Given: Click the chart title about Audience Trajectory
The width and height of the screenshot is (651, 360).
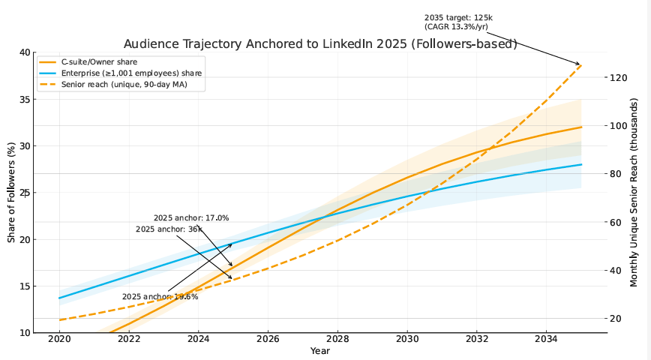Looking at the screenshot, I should (x=320, y=44).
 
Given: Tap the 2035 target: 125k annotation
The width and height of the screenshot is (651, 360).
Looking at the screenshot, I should (x=458, y=21).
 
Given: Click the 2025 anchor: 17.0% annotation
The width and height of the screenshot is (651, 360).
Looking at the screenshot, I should (x=191, y=218).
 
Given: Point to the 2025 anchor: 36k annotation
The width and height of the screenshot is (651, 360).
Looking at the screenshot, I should (x=169, y=229).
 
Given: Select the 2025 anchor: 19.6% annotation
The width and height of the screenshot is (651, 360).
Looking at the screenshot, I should (x=160, y=297).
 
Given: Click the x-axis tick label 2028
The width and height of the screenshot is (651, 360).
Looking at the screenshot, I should (x=337, y=340).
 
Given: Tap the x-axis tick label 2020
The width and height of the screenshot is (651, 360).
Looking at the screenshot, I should (x=59, y=340).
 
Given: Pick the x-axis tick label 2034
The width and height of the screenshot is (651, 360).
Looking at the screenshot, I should (x=546, y=340).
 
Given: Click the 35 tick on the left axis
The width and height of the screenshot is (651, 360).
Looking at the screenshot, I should (x=25, y=99).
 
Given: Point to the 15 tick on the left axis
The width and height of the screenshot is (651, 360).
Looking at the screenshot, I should (x=25, y=286).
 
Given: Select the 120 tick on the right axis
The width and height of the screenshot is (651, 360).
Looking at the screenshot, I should (x=618, y=77).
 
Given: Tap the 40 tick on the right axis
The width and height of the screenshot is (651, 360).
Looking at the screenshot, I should (x=616, y=270).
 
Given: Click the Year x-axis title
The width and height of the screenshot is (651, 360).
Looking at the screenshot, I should (x=320, y=351).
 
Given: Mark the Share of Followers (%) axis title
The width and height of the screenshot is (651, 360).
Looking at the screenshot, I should (x=11, y=192).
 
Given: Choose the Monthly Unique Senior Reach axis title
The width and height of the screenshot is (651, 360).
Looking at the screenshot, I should (x=634, y=192).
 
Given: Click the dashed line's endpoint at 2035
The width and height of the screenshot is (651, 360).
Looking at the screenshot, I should (x=581, y=65).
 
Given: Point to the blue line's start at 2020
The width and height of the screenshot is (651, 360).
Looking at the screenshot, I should (x=59, y=298).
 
